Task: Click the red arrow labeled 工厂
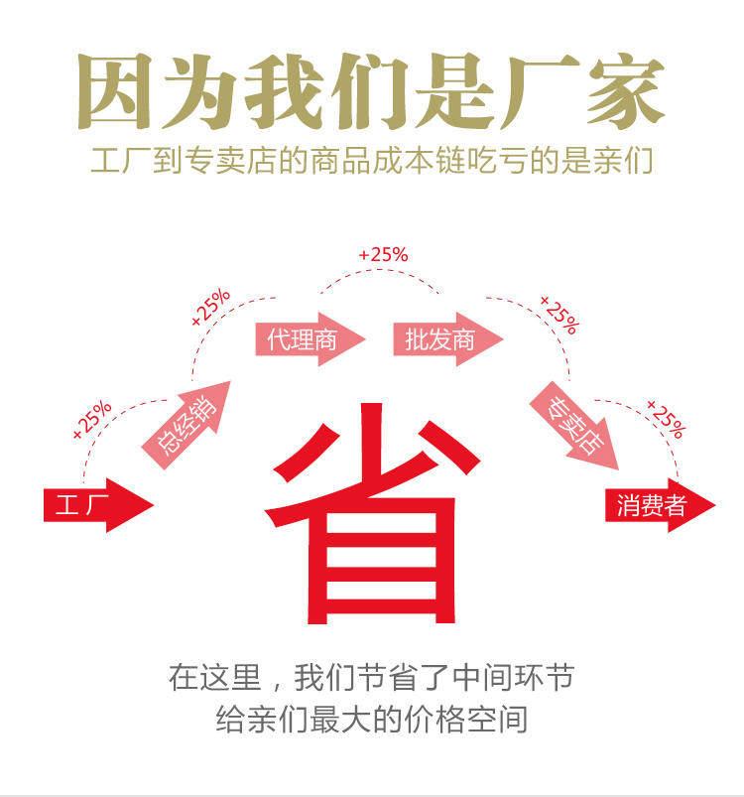click(94, 505)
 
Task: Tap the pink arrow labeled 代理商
click(307, 340)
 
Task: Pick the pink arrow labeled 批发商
click(443, 340)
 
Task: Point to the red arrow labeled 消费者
click(656, 505)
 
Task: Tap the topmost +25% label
click(384, 255)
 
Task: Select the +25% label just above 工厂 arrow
click(91, 420)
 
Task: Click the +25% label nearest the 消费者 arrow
click(665, 419)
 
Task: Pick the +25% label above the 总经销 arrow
click(211, 308)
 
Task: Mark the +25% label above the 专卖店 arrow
click(558, 314)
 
